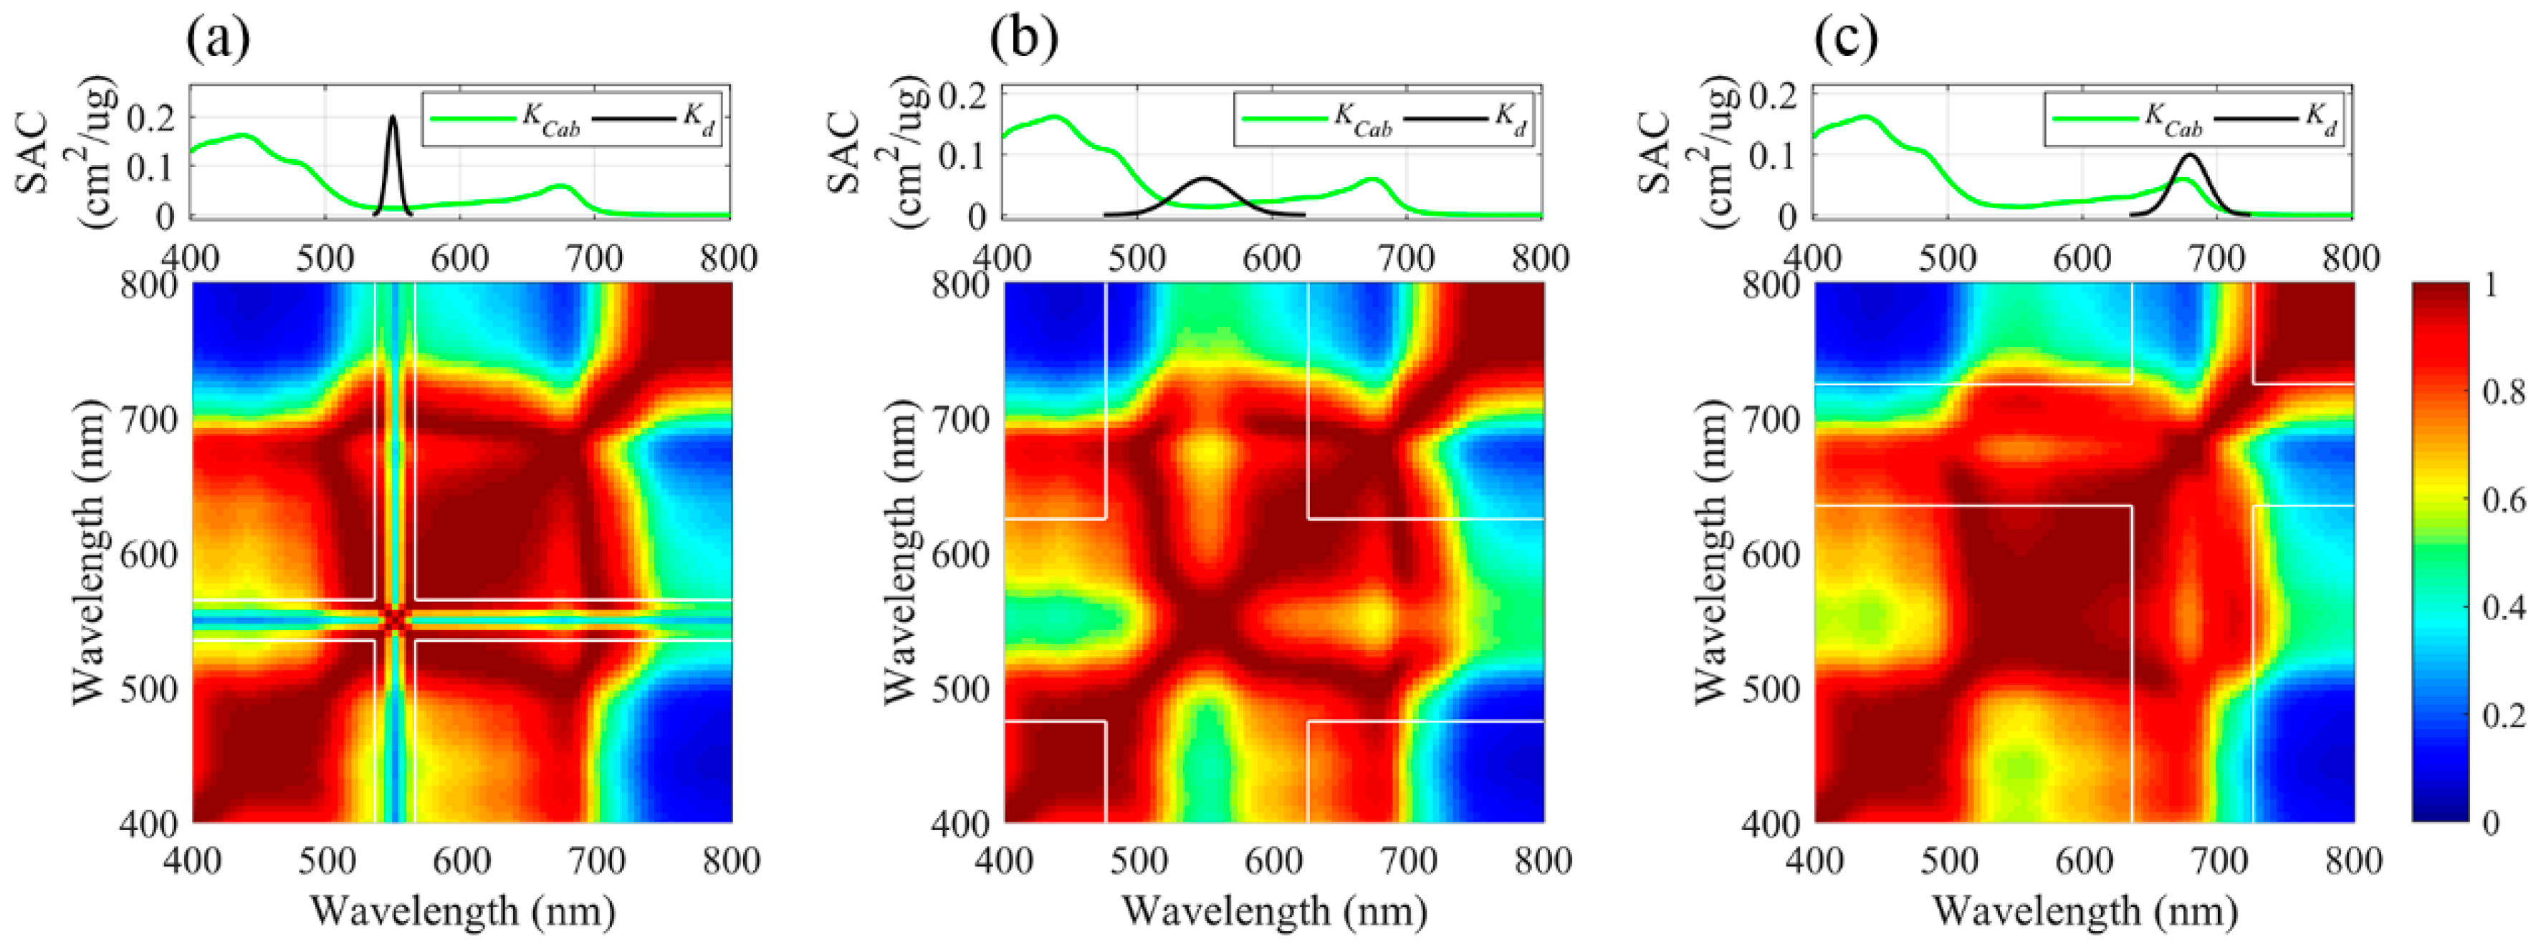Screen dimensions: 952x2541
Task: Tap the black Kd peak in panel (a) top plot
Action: tap(393, 118)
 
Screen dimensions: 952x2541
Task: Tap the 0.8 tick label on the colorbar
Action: tap(2502, 393)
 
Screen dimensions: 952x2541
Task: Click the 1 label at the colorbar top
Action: tap(2489, 286)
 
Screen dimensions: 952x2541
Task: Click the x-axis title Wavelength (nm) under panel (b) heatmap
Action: tap(1275, 910)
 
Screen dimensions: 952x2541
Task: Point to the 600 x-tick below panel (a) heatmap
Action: tap(461, 860)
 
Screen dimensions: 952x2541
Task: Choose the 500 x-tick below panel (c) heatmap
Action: tap(1949, 860)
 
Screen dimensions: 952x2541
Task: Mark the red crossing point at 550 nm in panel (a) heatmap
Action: tap(395, 619)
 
